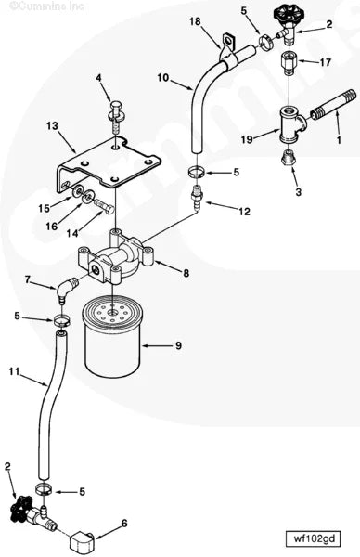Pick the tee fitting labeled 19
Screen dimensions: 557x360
[285, 123]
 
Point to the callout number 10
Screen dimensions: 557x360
[162, 78]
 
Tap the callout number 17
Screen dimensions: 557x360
[325, 63]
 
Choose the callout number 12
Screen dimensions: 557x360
[244, 212]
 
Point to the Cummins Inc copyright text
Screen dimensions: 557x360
[32, 7]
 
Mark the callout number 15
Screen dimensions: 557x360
[43, 208]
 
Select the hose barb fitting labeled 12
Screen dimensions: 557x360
[197, 198]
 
